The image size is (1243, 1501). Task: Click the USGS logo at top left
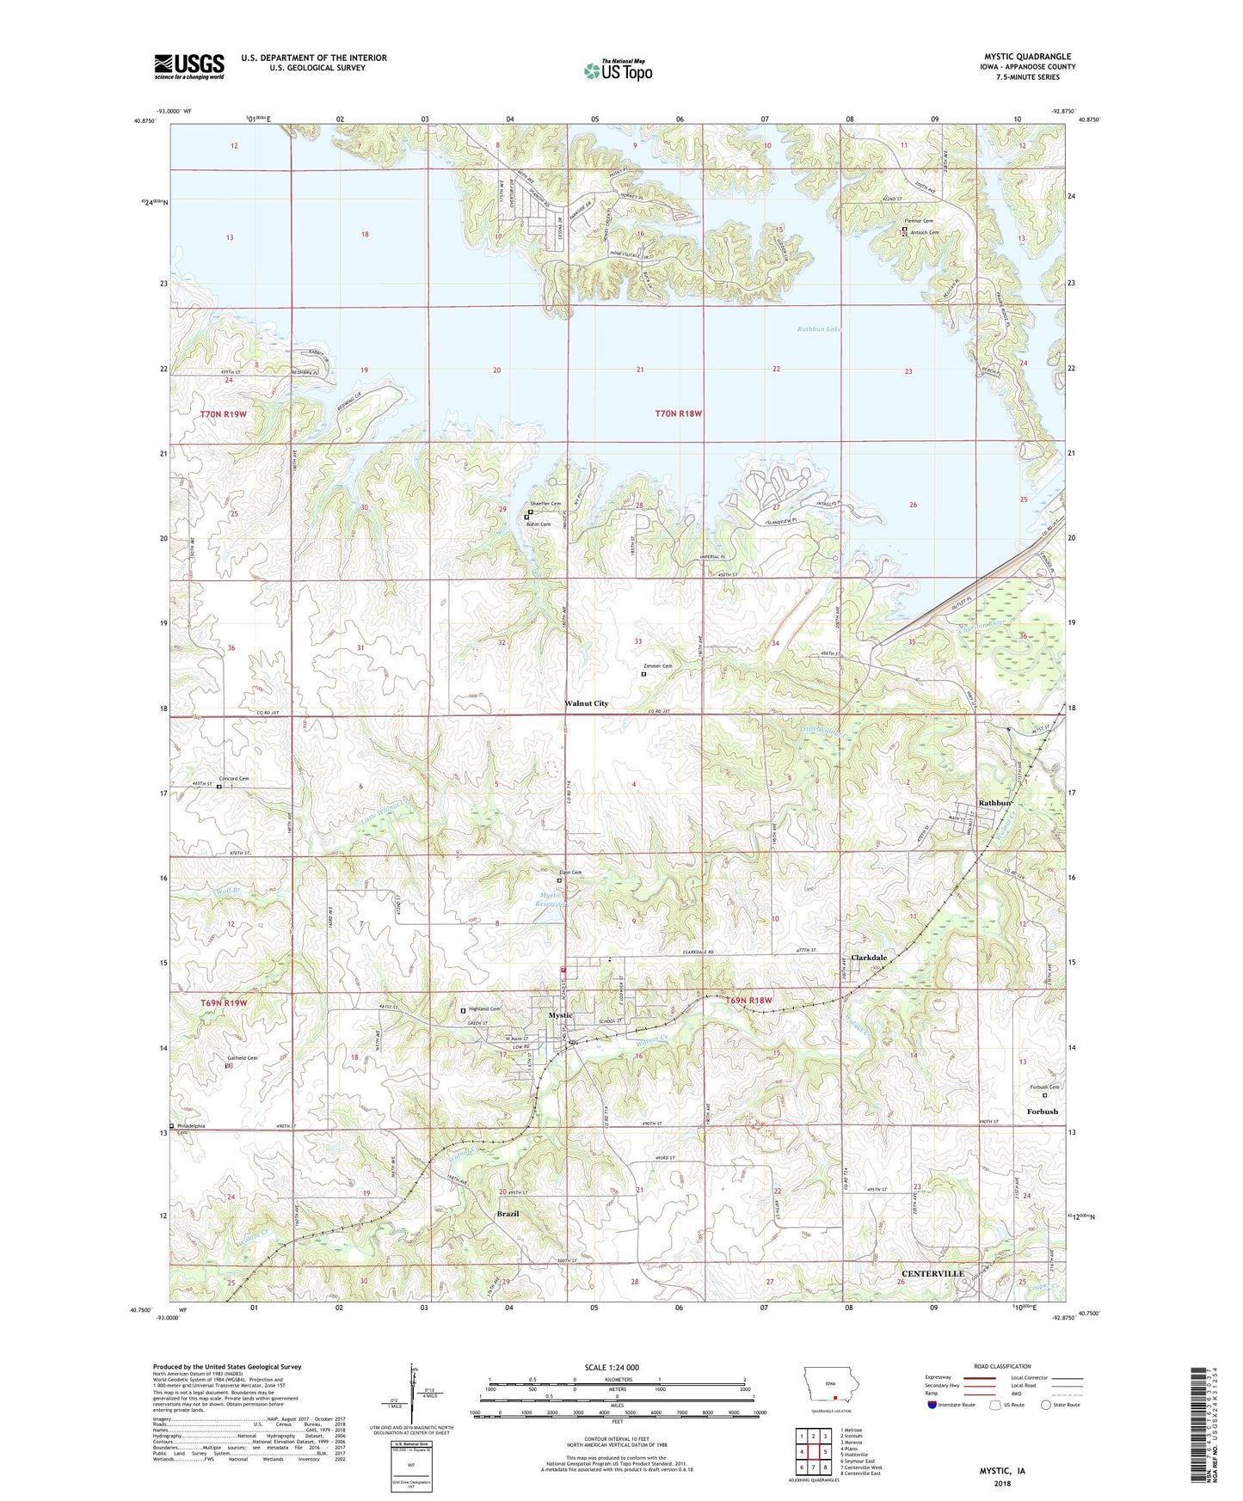[x=189, y=66]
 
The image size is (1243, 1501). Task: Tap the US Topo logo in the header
[x=618, y=70]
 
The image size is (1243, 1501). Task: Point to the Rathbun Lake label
[x=818, y=329]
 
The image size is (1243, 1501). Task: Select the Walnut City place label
[x=586, y=703]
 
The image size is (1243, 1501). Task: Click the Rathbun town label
[x=995, y=803]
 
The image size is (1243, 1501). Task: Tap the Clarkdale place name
[x=869, y=958]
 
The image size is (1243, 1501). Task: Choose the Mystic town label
[x=560, y=1015]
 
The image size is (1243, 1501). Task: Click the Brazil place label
[x=508, y=1214]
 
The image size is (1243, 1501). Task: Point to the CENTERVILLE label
[x=932, y=1273]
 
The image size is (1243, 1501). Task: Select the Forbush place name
[x=1042, y=1112]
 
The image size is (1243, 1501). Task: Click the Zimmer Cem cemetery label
[x=658, y=666]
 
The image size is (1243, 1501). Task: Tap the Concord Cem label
[x=233, y=779]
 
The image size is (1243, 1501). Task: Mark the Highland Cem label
[x=483, y=1008]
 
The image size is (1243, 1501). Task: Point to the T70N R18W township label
[x=678, y=414]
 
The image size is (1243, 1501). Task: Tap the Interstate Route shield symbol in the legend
[x=933, y=1405]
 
